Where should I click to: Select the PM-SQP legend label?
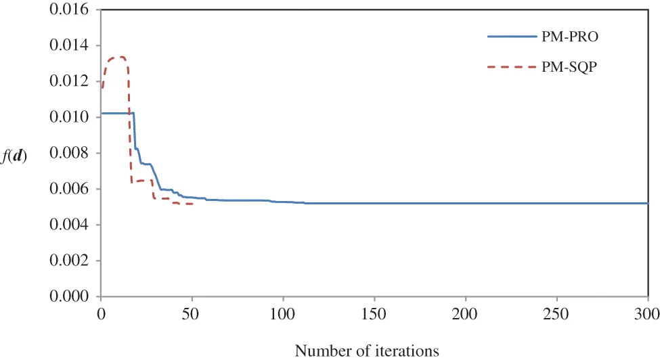[x=573, y=68]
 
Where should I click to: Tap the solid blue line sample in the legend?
[x=512, y=37]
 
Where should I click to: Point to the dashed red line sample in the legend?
[x=512, y=68]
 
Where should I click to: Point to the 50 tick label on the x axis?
[x=192, y=313]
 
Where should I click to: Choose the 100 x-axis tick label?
[x=283, y=313]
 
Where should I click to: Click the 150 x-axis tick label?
[x=374, y=313]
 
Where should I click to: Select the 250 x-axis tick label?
[x=556, y=313]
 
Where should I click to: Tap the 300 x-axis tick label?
[x=648, y=313]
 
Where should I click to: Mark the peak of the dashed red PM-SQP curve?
[x=120, y=57]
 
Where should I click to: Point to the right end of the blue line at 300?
[x=648, y=203]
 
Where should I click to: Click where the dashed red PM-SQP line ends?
[x=194, y=204]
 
